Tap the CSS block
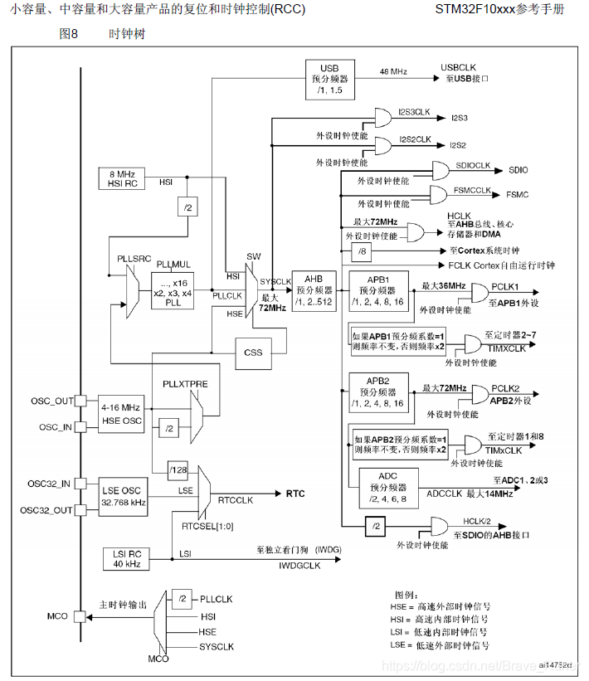[253, 352]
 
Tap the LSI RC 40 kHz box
[121, 558]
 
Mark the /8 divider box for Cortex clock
[361, 251]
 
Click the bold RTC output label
[295, 494]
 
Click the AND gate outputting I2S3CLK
[386, 117]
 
